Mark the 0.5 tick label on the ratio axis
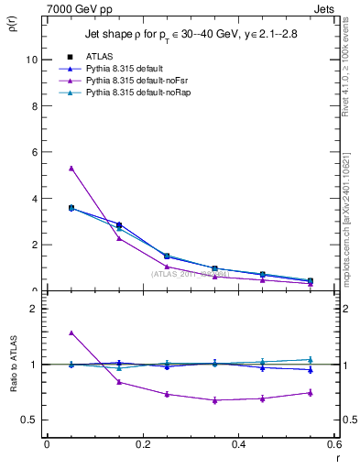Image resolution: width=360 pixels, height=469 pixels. click(28, 420)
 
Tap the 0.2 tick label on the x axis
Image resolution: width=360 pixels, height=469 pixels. click(142, 444)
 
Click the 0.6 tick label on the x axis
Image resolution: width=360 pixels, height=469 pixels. click(334, 444)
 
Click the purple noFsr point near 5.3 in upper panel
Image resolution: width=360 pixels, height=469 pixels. click(71, 168)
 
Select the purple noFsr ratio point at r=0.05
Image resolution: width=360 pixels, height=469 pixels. click(71, 333)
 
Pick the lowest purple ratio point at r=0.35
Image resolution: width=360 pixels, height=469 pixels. click(214, 400)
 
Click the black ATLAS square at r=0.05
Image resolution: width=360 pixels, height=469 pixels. click(71, 208)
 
